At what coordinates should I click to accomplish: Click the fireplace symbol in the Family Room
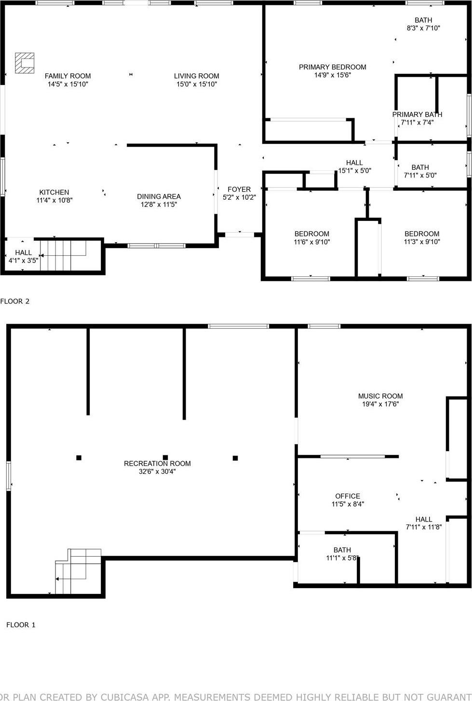(25, 63)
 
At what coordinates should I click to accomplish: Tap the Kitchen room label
(54, 192)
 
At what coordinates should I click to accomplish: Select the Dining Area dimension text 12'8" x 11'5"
(159, 204)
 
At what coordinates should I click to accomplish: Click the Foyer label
(239, 189)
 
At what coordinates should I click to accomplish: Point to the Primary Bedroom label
(332, 67)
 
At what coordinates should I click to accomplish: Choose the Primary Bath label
(417, 114)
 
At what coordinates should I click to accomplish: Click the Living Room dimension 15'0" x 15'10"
(197, 84)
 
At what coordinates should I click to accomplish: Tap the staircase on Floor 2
(63, 255)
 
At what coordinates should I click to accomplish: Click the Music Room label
(380, 396)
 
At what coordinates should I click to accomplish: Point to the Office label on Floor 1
(348, 496)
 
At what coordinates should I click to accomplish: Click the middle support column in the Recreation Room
(165, 457)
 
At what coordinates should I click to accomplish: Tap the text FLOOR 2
(15, 302)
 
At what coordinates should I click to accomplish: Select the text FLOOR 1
(21, 625)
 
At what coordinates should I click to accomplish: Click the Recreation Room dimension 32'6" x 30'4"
(157, 471)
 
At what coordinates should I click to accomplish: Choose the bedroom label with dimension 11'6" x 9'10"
(312, 234)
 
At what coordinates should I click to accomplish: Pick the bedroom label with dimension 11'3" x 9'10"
(422, 234)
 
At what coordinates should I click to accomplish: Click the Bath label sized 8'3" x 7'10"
(423, 20)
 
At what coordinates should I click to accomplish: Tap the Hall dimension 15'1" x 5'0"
(354, 170)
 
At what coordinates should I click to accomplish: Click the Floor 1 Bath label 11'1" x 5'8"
(342, 550)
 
